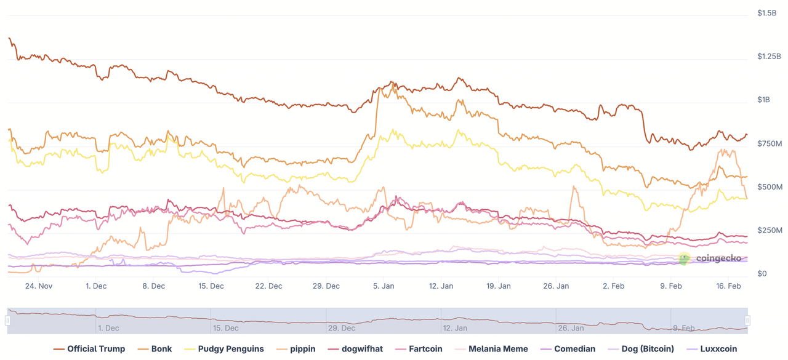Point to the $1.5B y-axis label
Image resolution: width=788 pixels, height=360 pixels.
coord(767,13)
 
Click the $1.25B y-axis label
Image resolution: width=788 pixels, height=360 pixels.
coord(769,57)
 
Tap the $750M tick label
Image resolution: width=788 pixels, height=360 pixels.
coord(769,143)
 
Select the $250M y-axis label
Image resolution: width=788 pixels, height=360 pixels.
coord(769,230)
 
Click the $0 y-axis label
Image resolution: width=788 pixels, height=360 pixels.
coord(762,274)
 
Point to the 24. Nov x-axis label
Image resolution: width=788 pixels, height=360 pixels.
coord(38,286)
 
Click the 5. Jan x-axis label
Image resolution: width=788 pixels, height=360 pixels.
coord(384,286)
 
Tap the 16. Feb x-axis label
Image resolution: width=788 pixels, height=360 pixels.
coord(728,286)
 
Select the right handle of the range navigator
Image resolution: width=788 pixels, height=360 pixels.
coord(747,321)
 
